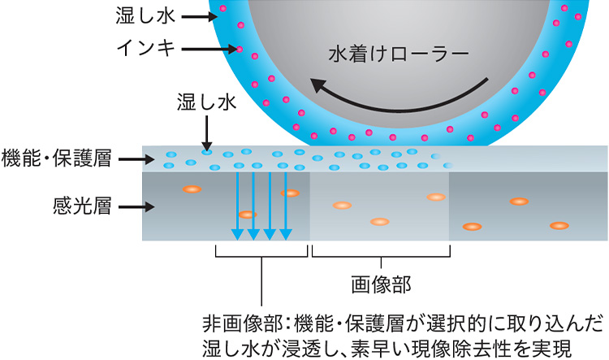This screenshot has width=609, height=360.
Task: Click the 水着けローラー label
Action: [399, 55]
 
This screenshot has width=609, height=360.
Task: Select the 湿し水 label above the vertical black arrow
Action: [207, 103]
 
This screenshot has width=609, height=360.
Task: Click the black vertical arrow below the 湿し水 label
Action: [207, 129]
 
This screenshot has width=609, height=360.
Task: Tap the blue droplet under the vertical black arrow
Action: [208, 152]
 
